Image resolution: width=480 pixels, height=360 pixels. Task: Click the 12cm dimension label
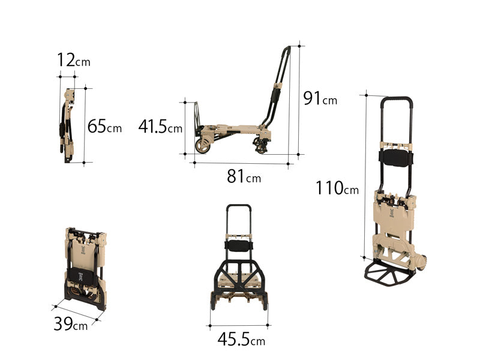(x=74, y=60)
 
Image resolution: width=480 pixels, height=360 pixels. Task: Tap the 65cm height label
(x=104, y=126)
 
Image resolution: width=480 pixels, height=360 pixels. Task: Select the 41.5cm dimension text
(x=160, y=126)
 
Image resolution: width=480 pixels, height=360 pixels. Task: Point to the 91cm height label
(x=320, y=98)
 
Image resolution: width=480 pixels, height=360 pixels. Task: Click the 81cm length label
(x=244, y=176)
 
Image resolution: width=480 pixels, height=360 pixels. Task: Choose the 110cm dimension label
(x=337, y=188)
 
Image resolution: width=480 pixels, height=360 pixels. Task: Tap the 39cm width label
(x=70, y=323)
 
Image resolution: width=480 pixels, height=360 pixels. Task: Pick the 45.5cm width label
(x=241, y=339)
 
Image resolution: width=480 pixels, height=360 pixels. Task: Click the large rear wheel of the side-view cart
(x=203, y=146)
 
